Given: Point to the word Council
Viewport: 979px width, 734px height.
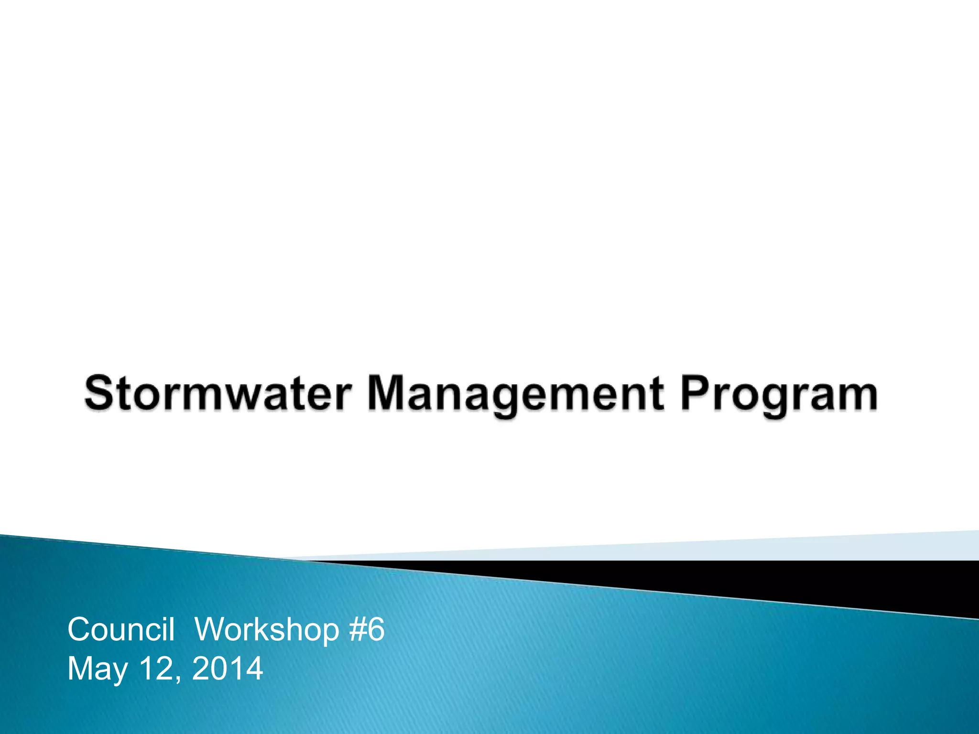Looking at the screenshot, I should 120,629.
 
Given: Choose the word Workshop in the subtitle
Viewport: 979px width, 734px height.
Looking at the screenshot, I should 267,630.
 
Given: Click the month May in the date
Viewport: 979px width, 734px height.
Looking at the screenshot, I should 98,669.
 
